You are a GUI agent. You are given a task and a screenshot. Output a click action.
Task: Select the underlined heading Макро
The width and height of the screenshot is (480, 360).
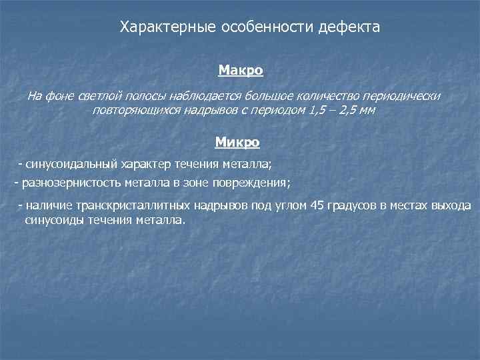(x=241, y=69)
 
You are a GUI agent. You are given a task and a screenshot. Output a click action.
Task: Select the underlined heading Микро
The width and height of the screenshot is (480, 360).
(x=237, y=141)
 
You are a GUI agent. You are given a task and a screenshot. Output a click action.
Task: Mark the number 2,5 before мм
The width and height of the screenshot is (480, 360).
(x=351, y=110)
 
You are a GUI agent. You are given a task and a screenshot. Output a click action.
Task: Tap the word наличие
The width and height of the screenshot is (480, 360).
(x=48, y=205)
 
